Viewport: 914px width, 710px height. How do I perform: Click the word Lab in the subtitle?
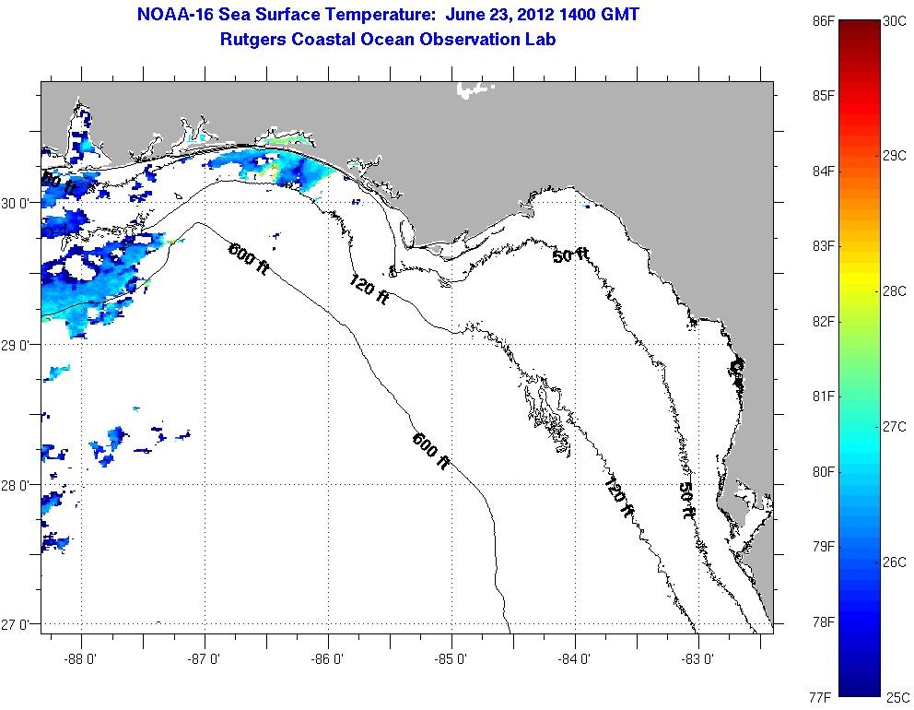pyautogui.click(x=541, y=40)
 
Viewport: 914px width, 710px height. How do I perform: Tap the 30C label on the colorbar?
pyautogui.click(x=893, y=20)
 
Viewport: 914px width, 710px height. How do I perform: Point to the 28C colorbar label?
pyautogui.click(x=893, y=290)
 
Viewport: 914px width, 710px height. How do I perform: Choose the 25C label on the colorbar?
pyautogui.click(x=893, y=697)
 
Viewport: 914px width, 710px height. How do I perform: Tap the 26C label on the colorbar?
pyautogui.click(x=893, y=562)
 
